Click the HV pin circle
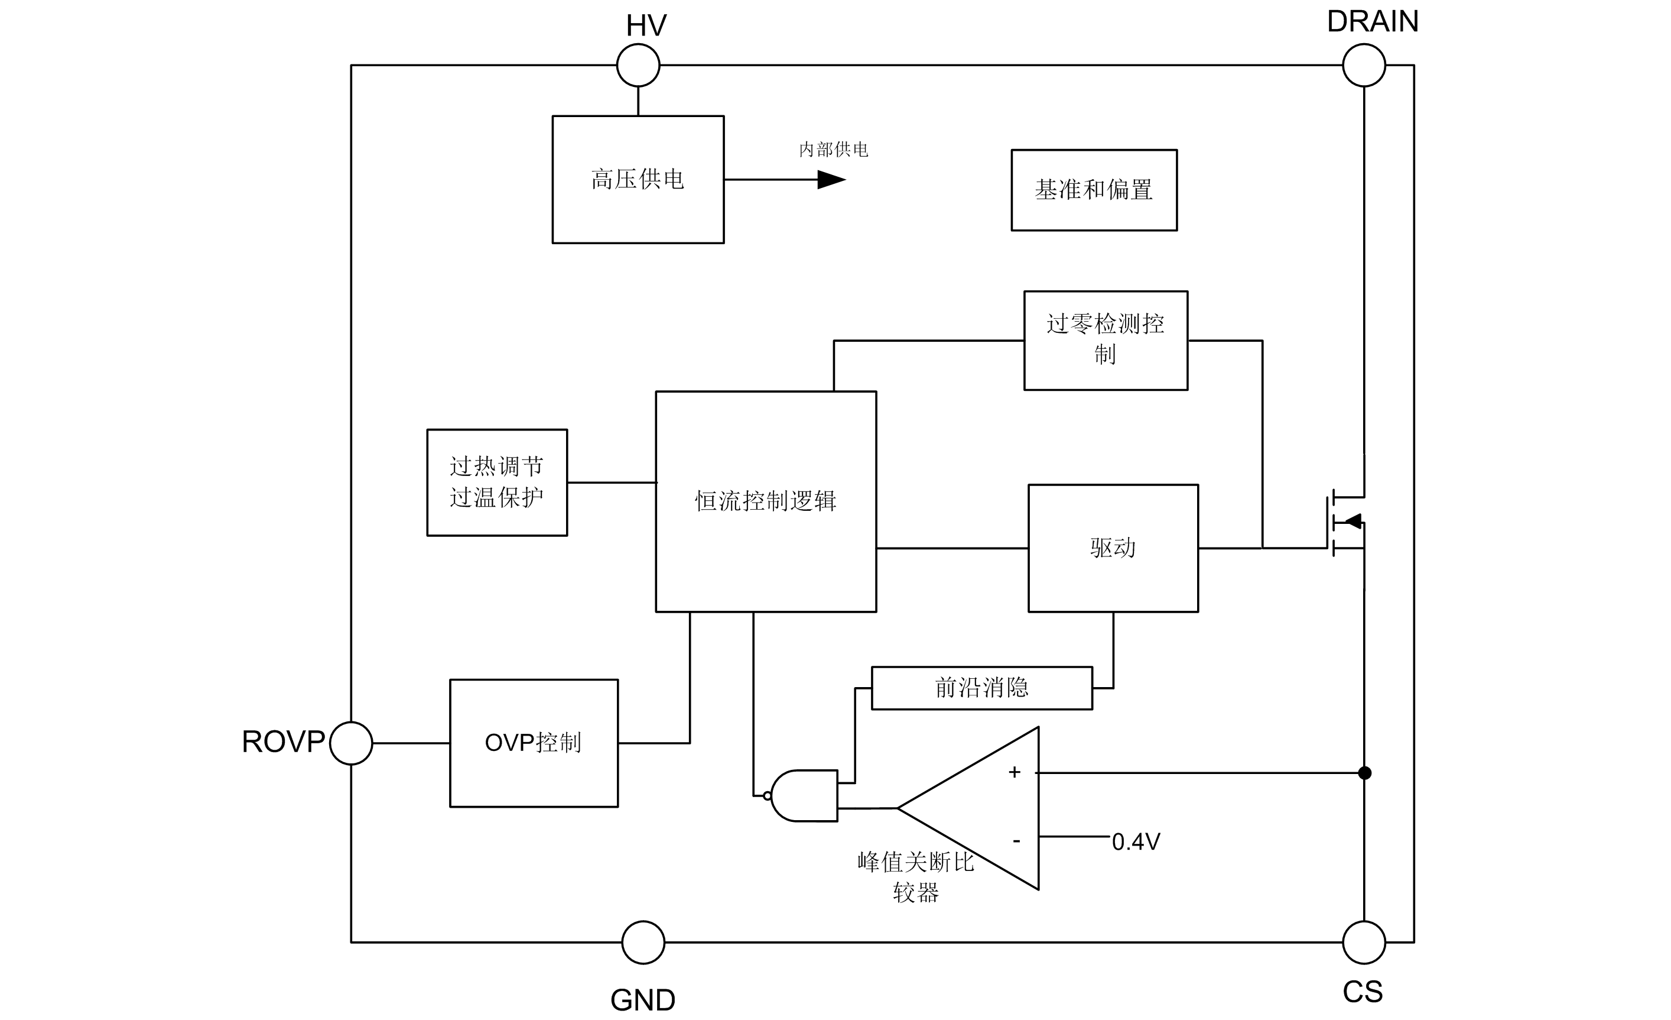(x=638, y=65)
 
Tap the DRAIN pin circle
(x=1364, y=65)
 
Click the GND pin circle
(x=643, y=942)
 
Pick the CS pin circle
(x=1364, y=942)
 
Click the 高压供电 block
(x=638, y=179)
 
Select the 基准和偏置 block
(x=1094, y=190)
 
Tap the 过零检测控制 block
(x=1106, y=340)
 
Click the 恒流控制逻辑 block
(x=766, y=501)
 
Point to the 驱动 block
(x=1113, y=548)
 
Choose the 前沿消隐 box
(x=981, y=688)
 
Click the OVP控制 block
(x=534, y=743)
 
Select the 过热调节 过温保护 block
(x=497, y=483)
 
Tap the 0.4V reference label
(x=1136, y=842)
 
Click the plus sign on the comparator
(x=1015, y=772)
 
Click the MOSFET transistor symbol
(x=1346, y=523)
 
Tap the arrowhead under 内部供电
(x=831, y=180)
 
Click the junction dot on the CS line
(x=1364, y=773)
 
